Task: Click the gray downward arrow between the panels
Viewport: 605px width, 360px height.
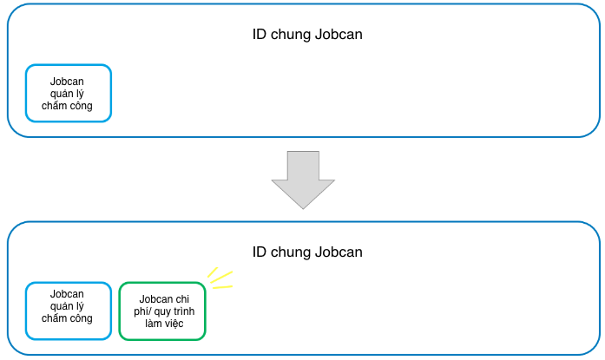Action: point(303,178)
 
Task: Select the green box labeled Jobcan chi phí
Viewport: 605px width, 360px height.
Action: point(162,311)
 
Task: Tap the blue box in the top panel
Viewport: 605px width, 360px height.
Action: point(68,93)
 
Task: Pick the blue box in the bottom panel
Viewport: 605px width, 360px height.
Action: point(68,311)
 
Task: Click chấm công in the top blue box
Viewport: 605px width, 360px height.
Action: point(68,106)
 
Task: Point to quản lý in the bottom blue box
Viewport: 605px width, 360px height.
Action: point(68,306)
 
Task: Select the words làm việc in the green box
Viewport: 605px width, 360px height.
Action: point(162,324)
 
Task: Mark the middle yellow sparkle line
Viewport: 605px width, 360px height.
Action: point(222,278)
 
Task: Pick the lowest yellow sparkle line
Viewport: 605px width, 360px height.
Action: point(223,287)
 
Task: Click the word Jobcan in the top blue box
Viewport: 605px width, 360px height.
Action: point(68,82)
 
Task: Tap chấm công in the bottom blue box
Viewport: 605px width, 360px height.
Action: point(68,318)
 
